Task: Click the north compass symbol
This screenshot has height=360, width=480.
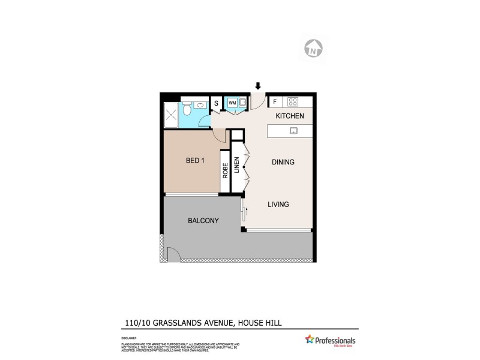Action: click(x=313, y=48)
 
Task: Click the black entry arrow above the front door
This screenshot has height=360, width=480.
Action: click(x=258, y=88)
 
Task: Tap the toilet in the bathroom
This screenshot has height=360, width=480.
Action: click(x=187, y=111)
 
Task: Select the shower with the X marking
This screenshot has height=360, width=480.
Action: click(x=172, y=115)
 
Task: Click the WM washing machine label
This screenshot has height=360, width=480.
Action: click(x=232, y=103)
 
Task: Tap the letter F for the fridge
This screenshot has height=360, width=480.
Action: click(x=274, y=102)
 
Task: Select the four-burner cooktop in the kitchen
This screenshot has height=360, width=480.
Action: click(x=293, y=102)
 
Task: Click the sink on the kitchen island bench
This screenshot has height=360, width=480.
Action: click(x=294, y=130)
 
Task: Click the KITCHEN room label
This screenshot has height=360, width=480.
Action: click(x=289, y=116)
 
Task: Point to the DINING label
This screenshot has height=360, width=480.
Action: click(x=283, y=162)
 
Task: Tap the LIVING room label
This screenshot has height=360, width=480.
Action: click(x=278, y=205)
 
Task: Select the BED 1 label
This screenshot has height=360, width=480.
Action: click(x=196, y=161)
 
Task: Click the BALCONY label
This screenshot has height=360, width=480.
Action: click(x=203, y=221)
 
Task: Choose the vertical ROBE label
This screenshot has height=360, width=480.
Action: click(x=225, y=171)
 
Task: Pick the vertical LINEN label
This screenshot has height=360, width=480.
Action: click(x=237, y=166)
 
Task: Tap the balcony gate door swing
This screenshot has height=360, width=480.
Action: click(x=173, y=255)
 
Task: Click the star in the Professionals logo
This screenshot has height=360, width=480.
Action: click(x=310, y=340)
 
